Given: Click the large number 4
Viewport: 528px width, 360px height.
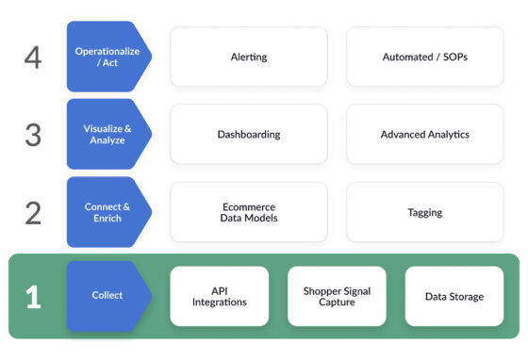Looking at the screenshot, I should tap(33, 57).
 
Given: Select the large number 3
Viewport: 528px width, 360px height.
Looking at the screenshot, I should tap(33, 135).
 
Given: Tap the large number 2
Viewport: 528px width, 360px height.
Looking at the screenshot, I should tap(33, 213).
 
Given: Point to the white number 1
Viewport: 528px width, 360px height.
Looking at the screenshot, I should tap(33, 296).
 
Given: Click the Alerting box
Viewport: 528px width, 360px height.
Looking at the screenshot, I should tap(249, 57).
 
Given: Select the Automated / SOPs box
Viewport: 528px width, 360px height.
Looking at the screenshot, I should tap(424, 57).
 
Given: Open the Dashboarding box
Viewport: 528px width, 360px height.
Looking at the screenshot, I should tap(249, 134).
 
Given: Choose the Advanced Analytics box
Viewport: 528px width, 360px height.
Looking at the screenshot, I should tap(424, 134).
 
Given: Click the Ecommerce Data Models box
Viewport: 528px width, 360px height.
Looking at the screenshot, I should tap(249, 212).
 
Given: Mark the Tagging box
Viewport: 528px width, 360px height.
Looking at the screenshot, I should tap(424, 212).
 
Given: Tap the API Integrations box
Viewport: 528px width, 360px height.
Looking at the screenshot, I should tap(219, 296).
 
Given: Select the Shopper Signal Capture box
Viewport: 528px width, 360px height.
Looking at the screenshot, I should tap(337, 296).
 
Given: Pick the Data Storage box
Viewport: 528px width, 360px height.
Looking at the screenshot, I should tap(454, 296).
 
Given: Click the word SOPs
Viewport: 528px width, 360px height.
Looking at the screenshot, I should tap(453, 57).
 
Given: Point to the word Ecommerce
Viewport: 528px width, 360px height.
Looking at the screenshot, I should tap(249, 206).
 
